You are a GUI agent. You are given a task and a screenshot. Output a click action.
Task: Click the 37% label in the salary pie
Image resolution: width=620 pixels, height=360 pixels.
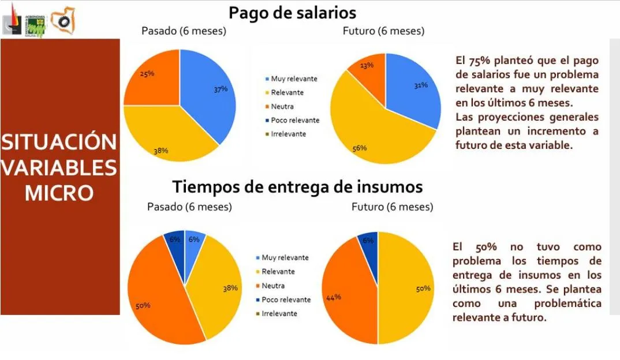tap(220, 89)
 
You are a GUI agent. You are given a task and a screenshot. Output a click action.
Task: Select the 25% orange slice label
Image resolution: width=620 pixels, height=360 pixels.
tap(147, 74)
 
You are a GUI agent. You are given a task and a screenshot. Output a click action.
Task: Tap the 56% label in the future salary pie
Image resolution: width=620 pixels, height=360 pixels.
tap(360, 148)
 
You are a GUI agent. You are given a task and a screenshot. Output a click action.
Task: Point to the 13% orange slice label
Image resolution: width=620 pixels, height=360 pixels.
tap(366, 65)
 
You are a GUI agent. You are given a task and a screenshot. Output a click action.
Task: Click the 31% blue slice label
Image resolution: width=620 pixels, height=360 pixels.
tap(420, 85)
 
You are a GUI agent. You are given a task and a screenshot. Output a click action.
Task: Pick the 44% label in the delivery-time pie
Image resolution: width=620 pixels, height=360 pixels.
tap(334, 297)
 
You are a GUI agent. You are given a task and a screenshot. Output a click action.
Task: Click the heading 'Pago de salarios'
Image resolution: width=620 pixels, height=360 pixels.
tap(292, 12)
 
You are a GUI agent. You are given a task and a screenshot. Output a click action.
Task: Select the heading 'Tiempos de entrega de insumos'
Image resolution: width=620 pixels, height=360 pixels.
tap(298, 187)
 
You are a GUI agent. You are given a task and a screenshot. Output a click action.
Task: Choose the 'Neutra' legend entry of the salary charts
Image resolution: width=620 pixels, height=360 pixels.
tap(282, 107)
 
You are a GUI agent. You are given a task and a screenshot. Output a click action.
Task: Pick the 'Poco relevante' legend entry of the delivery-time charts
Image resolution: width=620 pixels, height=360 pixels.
tap(286, 299)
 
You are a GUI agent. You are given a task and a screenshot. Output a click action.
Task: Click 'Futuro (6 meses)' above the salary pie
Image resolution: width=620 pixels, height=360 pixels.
tap(383, 31)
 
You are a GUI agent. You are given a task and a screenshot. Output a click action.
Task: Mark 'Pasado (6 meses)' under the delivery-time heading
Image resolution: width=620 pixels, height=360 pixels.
tap(189, 207)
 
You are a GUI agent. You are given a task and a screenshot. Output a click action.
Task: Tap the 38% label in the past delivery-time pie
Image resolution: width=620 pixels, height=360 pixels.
tap(230, 288)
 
